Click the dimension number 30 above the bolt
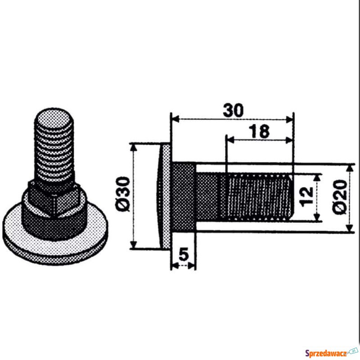coord(233,110)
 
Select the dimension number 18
coord(259,131)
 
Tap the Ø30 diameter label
coord(123,194)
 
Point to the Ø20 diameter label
coord(340,197)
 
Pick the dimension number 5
coord(184,254)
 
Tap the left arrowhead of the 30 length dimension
coord(175,119)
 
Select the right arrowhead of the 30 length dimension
coord(289,119)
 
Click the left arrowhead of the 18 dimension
coord(230,140)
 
